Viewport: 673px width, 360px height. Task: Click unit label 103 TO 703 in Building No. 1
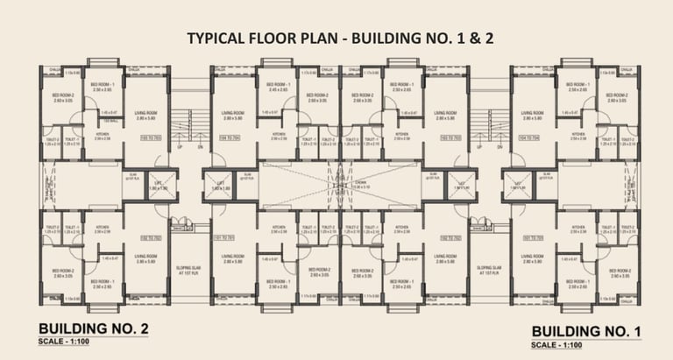pos(450,138)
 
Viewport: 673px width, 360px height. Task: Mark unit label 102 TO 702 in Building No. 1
pos(450,237)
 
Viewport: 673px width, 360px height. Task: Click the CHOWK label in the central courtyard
pos(336,182)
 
